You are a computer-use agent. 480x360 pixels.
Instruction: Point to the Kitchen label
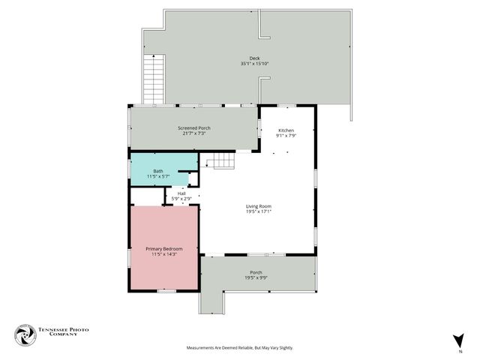tap(286, 130)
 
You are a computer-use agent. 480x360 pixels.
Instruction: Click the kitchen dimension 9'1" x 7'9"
tap(286, 136)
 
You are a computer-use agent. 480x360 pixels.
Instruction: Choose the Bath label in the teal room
tap(158, 171)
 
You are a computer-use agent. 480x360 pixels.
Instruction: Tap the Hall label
tap(181, 193)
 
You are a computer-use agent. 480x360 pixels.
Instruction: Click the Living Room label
tap(259, 206)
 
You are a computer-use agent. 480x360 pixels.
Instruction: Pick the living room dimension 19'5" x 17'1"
tap(259, 211)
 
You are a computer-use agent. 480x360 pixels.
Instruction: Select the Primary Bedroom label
tap(164, 249)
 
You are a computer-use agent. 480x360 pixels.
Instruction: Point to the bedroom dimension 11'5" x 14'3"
tap(164, 254)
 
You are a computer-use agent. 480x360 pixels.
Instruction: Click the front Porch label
tap(256, 272)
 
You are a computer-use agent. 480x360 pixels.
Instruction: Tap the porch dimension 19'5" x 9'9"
tap(256, 277)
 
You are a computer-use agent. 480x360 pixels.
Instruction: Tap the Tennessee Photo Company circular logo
tap(25, 334)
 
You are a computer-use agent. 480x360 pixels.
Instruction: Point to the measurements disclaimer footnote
tap(240, 348)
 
